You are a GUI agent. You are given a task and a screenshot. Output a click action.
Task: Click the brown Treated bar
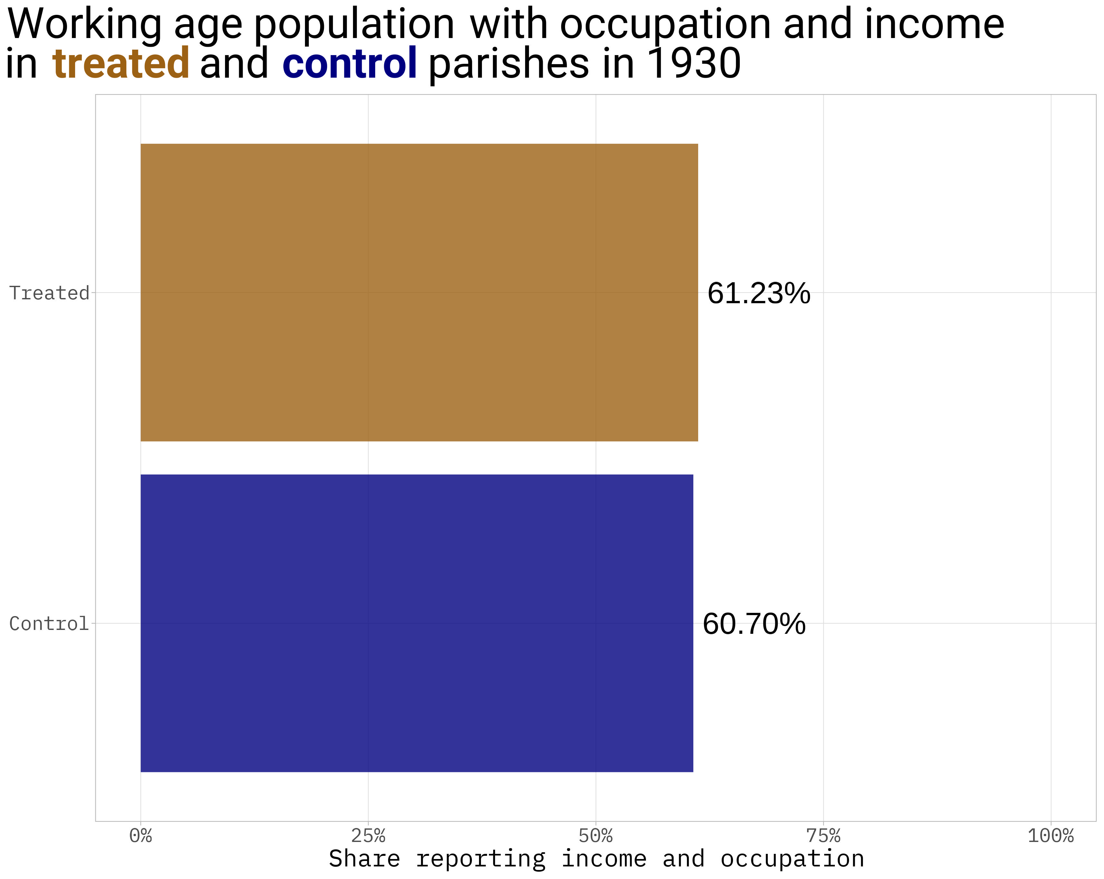pyautogui.click(x=419, y=292)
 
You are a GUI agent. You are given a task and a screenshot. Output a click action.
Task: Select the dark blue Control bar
pyautogui.click(x=416, y=623)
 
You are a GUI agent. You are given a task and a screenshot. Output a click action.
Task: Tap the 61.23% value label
pyautogui.click(x=758, y=293)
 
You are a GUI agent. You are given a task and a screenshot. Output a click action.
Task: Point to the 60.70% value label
pyautogui.click(x=754, y=624)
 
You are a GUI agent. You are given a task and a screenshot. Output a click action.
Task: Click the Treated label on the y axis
pyautogui.click(x=49, y=293)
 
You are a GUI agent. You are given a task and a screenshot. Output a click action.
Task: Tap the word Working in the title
pyautogui.click(x=84, y=24)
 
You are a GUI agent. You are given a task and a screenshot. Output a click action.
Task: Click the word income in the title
pyautogui.click(x=934, y=24)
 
